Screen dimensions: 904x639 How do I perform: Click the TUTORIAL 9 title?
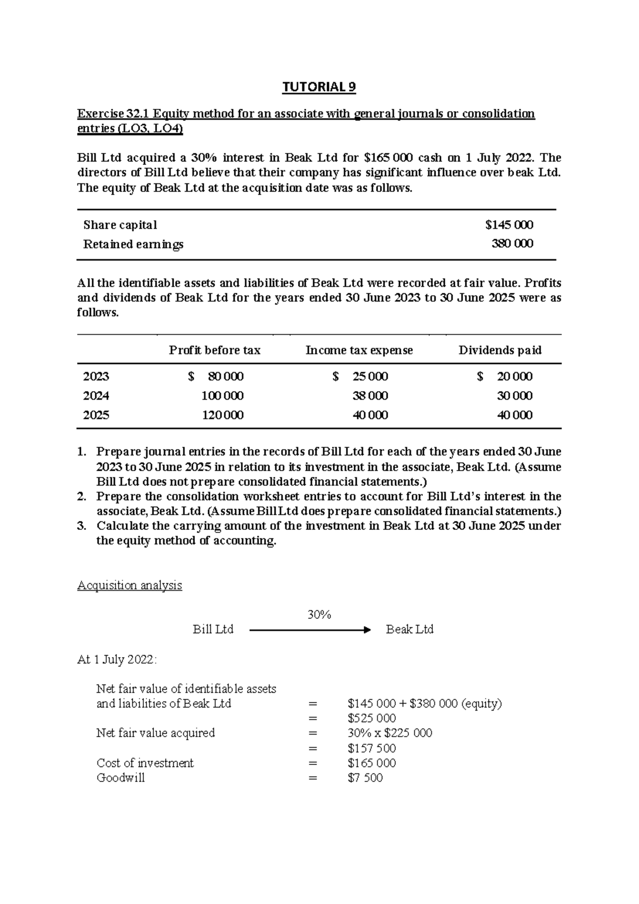tap(319, 87)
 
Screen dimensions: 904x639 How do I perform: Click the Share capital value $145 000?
tap(509, 225)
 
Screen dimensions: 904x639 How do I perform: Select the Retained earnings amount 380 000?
tap(512, 244)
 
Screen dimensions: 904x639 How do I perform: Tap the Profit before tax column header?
tap(215, 350)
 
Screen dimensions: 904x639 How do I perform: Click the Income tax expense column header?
tap(359, 350)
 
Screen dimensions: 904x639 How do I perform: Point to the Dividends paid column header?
tap(500, 350)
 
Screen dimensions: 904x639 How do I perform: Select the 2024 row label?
tap(96, 396)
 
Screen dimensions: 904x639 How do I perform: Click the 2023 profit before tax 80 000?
tap(225, 376)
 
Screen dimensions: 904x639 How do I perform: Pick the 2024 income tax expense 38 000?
tap(370, 396)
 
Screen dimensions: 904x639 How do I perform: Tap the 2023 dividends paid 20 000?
tap(514, 376)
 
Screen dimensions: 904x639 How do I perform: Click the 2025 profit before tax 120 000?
tap(223, 415)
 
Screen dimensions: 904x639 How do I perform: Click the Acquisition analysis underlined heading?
tap(129, 585)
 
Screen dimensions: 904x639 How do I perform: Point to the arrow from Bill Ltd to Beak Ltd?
tap(309, 630)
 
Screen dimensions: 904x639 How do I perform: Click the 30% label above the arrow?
tap(319, 615)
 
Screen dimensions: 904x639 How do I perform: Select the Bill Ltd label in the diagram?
tap(213, 629)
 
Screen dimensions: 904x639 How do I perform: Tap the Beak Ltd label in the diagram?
tap(409, 629)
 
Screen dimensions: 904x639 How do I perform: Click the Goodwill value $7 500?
tap(365, 778)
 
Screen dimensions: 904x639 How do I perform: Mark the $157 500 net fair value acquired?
tap(372, 748)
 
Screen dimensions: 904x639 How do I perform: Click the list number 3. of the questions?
tap(81, 526)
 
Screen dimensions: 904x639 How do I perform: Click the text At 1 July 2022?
tap(117, 659)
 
